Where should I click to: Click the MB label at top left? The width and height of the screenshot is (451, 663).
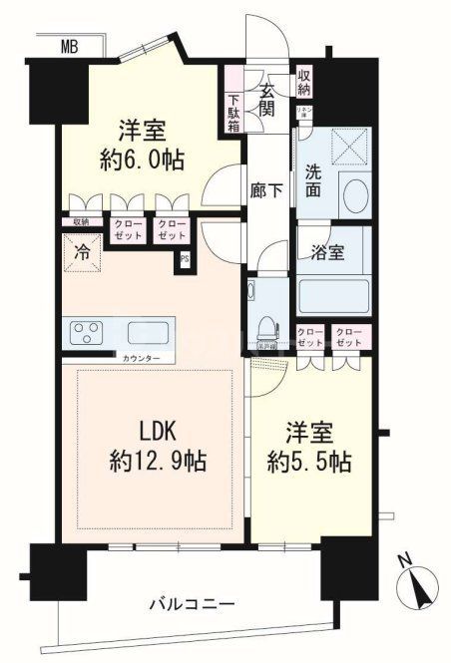coord(69,46)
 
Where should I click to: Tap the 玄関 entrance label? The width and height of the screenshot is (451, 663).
coord(268,99)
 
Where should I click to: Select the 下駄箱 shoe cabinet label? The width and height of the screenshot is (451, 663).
coord(232,113)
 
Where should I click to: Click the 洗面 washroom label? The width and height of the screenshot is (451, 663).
coord(312,179)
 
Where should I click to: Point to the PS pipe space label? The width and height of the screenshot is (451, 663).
coord(185,261)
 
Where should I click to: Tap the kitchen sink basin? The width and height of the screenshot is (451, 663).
coord(148,333)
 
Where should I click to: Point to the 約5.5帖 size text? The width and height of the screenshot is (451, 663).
coord(312,462)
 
